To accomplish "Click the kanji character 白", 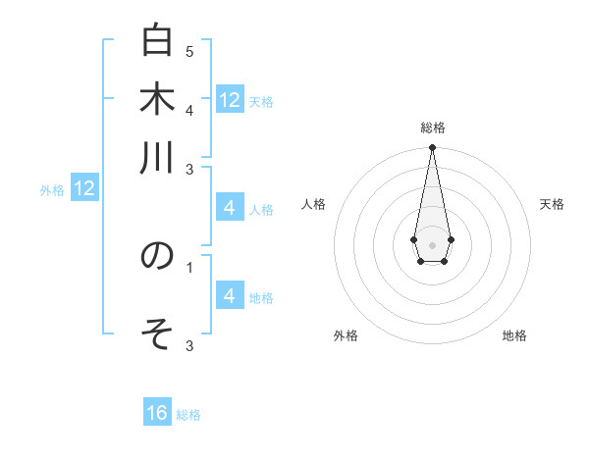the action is click(x=157, y=42).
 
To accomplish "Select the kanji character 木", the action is click(x=157, y=100).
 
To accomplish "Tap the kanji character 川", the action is click(x=157, y=157).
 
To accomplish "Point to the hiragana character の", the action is click(x=157, y=256).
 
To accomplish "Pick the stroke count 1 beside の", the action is click(x=189, y=265).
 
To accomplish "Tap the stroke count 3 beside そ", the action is click(x=189, y=345).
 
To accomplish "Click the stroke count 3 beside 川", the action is click(x=189, y=171).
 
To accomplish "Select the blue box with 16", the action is click(x=157, y=413).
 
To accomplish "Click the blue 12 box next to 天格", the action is click(x=230, y=99).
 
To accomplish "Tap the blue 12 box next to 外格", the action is click(x=84, y=188).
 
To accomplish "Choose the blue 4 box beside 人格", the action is click(x=230, y=208).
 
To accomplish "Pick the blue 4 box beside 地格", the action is click(x=230, y=296).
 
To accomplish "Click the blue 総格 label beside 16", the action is click(x=188, y=415).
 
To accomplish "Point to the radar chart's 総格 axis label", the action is click(x=433, y=128).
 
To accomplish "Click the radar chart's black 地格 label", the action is click(x=514, y=335).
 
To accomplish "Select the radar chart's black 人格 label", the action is click(x=314, y=204).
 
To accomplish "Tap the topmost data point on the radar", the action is click(x=432, y=148).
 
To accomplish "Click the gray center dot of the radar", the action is click(x=432, y=243).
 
